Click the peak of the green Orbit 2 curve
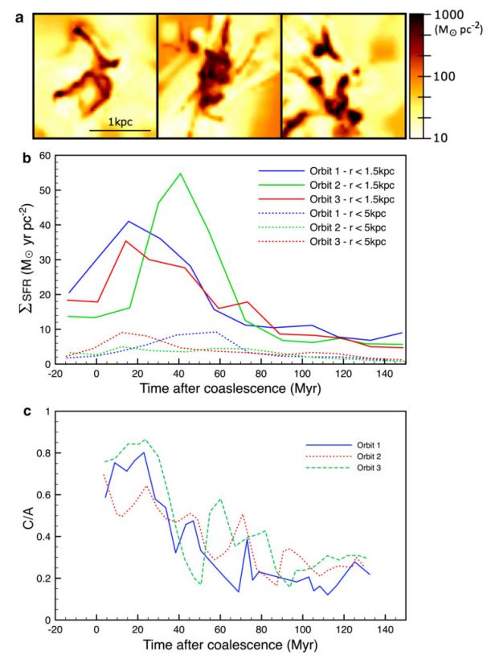pyautogui.click(x=180, y=174)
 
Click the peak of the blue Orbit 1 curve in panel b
pyautogui.click(x=129, y=221)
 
